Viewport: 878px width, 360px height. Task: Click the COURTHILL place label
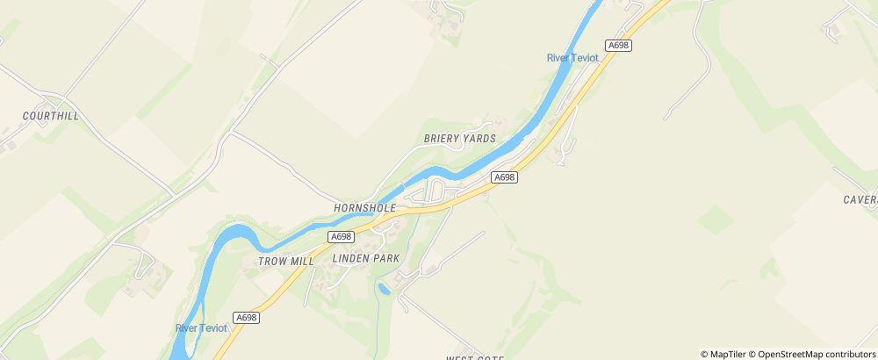click(x=51, y=116)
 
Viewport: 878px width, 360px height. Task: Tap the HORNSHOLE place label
click(x=364, y=208)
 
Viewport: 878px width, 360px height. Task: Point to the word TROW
click(x=272, y=262)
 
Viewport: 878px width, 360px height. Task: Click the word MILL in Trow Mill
click(x=302, y=262)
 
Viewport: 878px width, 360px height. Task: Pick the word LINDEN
click(x=353, y=259)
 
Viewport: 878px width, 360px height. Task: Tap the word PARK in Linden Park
click(x=386, y=259)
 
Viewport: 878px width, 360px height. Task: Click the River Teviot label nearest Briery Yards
click(x=572, y=58)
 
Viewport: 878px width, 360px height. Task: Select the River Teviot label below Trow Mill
click(x=201, y=328)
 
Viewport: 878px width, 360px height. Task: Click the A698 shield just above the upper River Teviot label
click(x=619, y=45)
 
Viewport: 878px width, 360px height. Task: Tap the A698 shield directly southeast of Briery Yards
click(x=504, y=177)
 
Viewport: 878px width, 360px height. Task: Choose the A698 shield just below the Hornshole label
click(x=342, y=237)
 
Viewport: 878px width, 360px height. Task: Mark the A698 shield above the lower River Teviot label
click(x=246, y=316)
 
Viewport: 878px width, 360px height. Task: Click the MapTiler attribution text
click(x=726, y=354)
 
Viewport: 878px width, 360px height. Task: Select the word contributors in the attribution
click(x=850, y=354)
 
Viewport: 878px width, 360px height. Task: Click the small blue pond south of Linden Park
click(x=383, y=287)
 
